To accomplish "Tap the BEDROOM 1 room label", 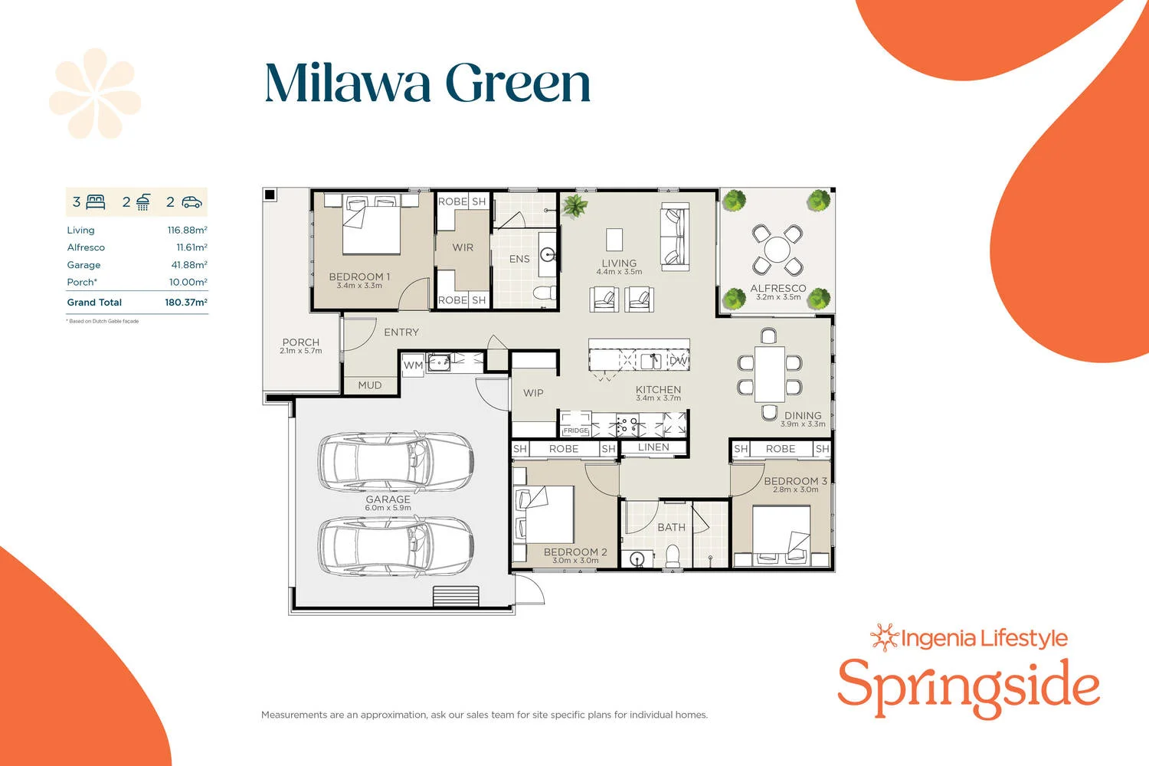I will pyautogui.click(x=359, y=277).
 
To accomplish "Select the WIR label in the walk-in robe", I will pyautogui.click(x=463, y=247).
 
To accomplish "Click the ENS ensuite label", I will pyautogui.click(x=519, y=259).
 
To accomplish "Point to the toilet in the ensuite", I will pyautogui.click(x=545, y=293).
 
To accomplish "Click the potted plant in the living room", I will pyautogui.click(x=574, y=205).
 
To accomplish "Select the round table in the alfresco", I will pyautogui.click(x=777, y=250).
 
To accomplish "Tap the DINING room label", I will pyautogui.click(x=802, y=415).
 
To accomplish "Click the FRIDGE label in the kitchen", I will pyautogui.click(x=576, y=430).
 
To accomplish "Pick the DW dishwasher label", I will pyautogui.click(x=678, y=360).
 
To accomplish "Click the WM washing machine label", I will pyautogui.click(x=413, y=365).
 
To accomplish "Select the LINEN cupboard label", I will pyautogui.click(x=653, y=447).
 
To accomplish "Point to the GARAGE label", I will pyautogui.click(x=388, y=499).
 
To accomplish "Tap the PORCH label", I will pyautogui.click(x=300, y=342).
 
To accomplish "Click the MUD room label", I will pyautogui.click(x=369, y=385).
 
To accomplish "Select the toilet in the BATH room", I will pyautogui.click(x=673, y=555).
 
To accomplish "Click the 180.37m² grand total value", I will pyautogui.click(x=186, y=303).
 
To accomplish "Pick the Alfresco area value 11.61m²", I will pyautogui.click(x=191, y=247).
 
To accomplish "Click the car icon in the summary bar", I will pyautogui.click(x=191, y=203).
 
